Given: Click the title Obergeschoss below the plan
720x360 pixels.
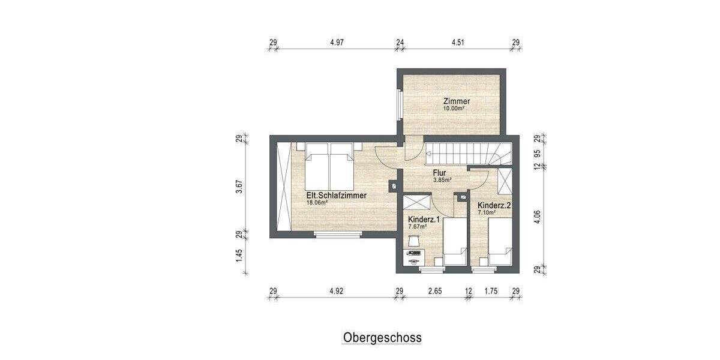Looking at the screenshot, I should (382, 337).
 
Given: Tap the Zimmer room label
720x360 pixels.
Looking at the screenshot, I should (456, 101).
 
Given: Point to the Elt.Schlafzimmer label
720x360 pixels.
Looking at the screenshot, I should (336, 195).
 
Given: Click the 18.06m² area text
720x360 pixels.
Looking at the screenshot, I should (317, 203).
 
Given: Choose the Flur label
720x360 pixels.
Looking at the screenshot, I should (439, 172).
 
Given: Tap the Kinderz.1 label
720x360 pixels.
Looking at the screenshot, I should (424, 219).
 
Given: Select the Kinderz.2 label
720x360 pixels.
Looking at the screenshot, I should (494, 205).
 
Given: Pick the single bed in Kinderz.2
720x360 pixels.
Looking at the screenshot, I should (499, 241).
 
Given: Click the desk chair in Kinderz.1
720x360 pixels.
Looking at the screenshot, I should (413, 241).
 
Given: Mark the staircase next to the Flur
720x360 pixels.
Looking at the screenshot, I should (468, 153).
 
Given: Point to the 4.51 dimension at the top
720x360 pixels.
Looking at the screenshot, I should (458, 43).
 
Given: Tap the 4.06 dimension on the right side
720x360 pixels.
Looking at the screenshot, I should (537, 216).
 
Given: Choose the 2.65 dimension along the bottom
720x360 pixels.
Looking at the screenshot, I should (435, 292).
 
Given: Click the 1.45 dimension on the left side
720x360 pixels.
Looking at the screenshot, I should (239, 255).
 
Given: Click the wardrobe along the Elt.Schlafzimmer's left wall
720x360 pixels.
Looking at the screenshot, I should (283, 186).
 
